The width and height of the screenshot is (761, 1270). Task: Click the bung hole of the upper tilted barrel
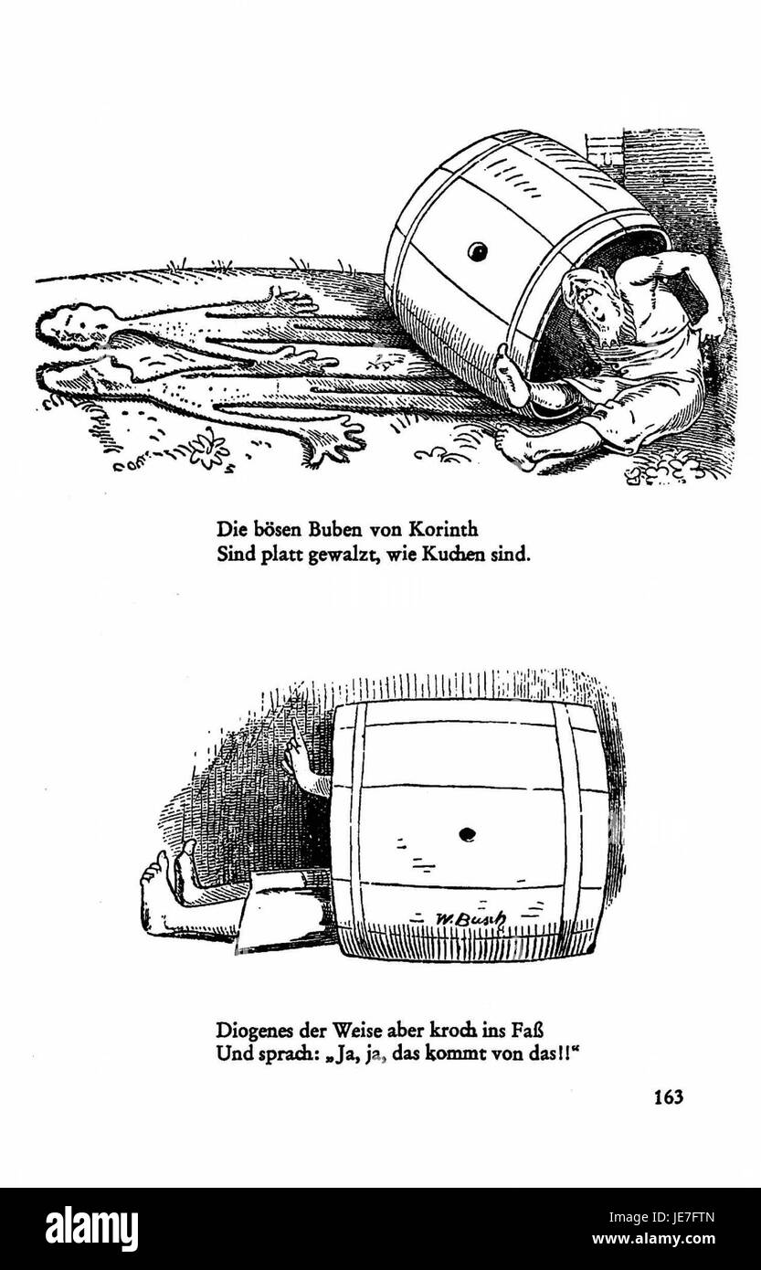(x=477, y=251)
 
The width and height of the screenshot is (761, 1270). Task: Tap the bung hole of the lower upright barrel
(x=467, y=833)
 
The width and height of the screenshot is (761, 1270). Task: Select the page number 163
(x=668, y=1097)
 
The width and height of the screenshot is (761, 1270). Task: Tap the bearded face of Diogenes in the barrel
(x=590, y=306)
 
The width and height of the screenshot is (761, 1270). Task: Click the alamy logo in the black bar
(x=91, y=1229)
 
